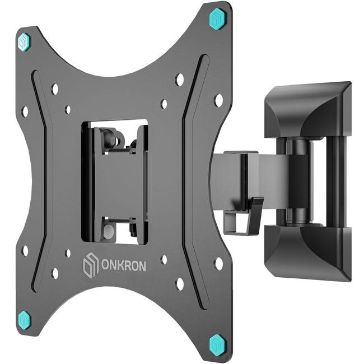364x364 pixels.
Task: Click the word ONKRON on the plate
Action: (x=123, y=266)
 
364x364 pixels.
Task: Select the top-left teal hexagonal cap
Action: (x=24, y=41)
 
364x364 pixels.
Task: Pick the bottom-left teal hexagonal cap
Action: (x=24, y=320)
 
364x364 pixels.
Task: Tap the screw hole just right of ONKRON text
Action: (x=164, y=260)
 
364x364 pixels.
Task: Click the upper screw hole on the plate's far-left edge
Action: (x=24, y=111)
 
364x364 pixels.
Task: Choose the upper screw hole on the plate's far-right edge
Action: (x=218, y=100)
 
